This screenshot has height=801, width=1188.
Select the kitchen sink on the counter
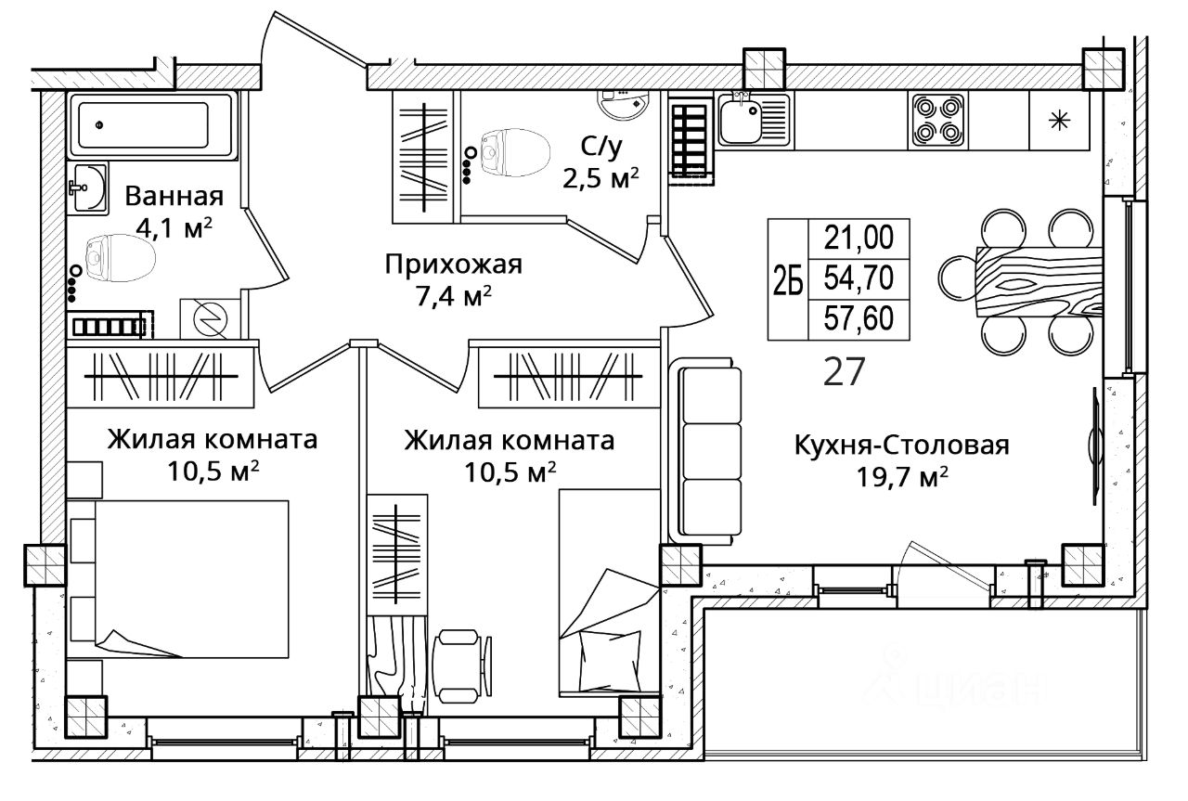point(752,121)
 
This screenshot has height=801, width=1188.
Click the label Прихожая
point(454,265)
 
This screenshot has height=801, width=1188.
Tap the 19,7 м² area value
point(901,476)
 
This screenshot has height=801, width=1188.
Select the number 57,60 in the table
point(859,318)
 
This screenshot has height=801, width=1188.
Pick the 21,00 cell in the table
point(859,239)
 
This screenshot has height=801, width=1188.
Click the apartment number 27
point(845,371)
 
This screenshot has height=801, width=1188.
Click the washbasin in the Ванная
point(87,189)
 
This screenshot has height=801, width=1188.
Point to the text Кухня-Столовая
point(900,446)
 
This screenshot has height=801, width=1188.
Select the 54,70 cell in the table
point(859,278)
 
